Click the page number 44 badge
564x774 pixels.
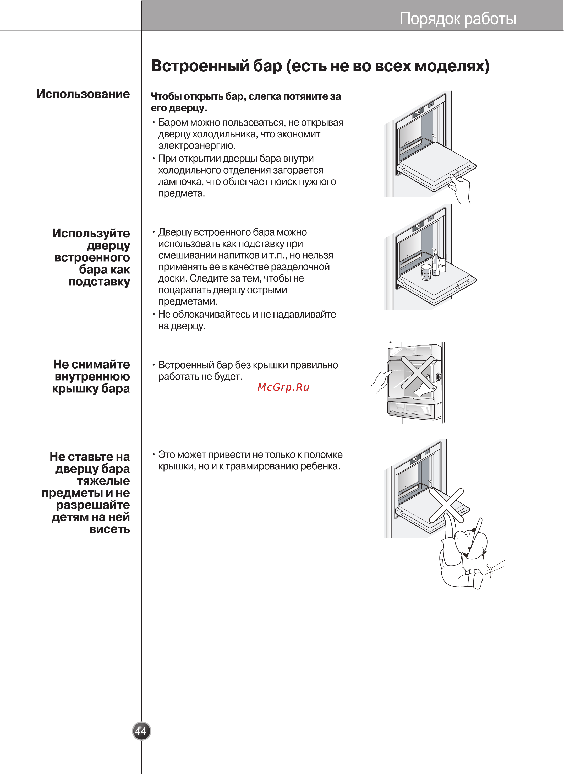tap(141, 731)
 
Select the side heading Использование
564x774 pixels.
tap(83, 94)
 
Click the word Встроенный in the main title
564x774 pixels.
tap(200, 66)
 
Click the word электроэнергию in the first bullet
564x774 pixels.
tap(197, 146)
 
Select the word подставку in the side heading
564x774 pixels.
tap(99, 282)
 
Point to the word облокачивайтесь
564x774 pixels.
tap(212, 315)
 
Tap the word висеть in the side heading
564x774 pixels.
tap(109, 529)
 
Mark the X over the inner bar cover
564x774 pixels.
tap(417, 373)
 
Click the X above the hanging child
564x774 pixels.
tap(446, 505)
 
